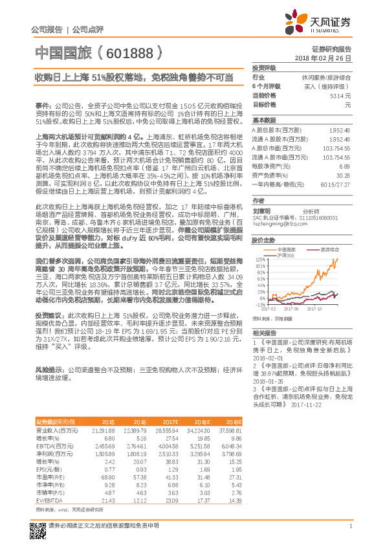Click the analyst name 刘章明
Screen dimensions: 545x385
(261, 210)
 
